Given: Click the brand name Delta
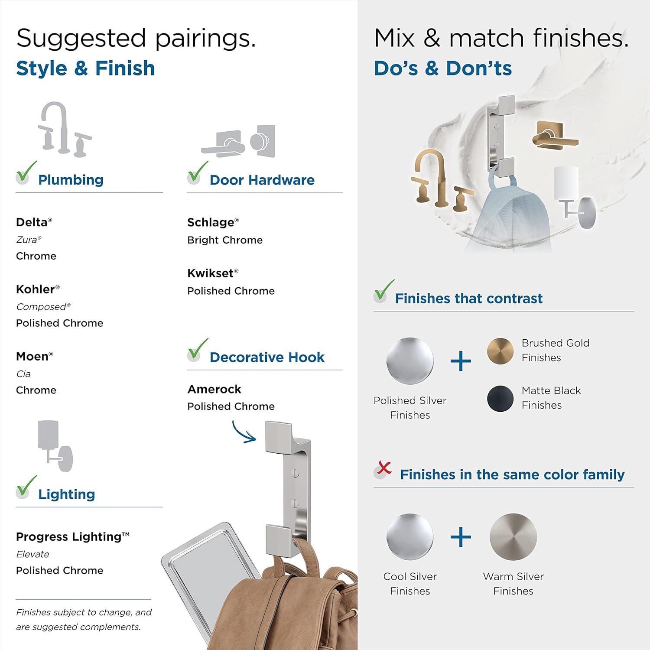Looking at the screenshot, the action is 32,222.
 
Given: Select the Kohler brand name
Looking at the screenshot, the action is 35,289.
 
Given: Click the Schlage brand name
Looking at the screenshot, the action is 211,222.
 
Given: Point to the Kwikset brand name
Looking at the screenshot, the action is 211,273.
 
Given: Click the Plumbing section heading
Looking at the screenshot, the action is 71,180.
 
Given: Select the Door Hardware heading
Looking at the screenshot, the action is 262,180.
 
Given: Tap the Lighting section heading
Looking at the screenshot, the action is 66,494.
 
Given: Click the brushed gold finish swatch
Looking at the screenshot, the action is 500,351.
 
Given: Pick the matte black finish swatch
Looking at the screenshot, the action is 500,399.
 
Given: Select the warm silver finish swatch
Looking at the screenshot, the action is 513,537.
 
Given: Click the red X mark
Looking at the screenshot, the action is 384,468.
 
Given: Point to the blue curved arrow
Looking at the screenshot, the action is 243,432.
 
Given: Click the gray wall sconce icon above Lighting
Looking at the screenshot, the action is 55,446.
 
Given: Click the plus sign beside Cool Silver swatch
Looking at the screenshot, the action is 461,537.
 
